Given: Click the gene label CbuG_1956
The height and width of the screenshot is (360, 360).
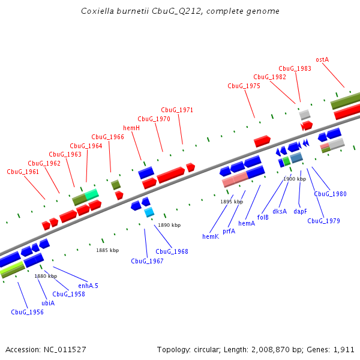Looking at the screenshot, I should point(27,312).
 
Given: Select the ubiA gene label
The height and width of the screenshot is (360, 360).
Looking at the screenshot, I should point(48,303).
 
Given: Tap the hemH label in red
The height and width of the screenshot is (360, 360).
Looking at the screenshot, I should point(131,128).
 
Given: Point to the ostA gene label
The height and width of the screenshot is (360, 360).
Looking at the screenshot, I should point(322,59).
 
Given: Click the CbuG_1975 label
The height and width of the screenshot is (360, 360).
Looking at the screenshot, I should point(244,86).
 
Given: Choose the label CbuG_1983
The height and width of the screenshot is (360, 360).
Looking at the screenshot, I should point(295,68).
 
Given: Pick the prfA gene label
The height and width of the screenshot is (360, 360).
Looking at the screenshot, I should point(229,230).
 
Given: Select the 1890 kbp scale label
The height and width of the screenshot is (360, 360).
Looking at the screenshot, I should point(169,225).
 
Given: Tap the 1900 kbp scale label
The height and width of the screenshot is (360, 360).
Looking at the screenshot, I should point(295,179).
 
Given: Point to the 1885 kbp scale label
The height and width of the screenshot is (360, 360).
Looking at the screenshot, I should point(107,250).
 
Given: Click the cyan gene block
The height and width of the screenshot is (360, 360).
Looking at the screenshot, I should point(149,212).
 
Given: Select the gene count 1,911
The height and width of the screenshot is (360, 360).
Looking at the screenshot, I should point(343,349).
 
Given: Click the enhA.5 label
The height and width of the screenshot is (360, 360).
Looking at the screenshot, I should point(88,286).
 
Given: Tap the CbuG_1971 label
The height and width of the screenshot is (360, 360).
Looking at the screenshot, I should point(177,110).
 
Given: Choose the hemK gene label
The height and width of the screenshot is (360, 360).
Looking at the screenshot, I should point(211,237).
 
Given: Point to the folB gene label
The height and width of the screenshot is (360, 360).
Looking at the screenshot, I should point(263,217).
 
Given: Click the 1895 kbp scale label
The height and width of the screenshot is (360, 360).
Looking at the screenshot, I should point(232,202).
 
